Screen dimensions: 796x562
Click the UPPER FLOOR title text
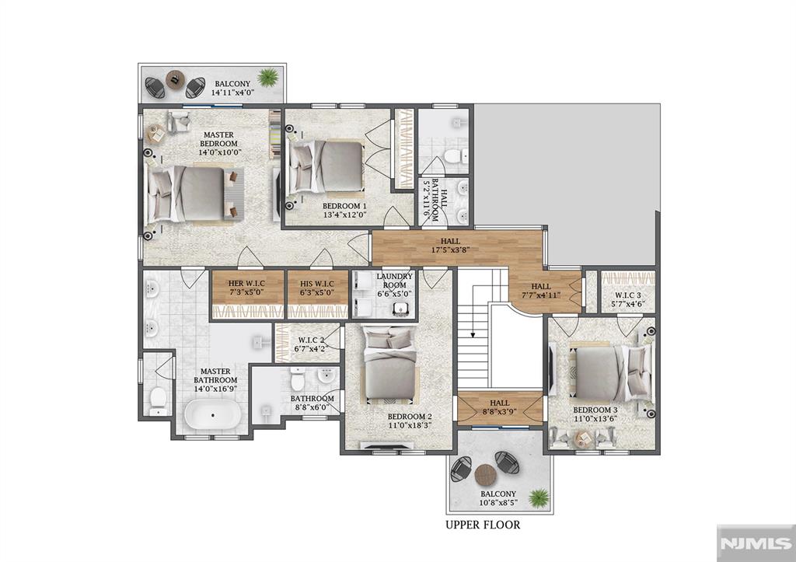coord(483,525)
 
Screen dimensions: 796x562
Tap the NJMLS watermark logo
coord(756,543)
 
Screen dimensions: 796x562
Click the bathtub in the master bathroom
coord(213,415)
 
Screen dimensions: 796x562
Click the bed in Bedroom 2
coord(390,364)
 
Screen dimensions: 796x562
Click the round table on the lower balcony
coord(485,475)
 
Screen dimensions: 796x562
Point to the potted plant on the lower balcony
coord(538,498)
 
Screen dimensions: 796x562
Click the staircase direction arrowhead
coord(473,334)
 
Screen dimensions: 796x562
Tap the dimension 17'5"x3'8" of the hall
coord(450,250)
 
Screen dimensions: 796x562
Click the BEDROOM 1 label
coord(344,207)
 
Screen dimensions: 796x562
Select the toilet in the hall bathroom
coord(454,155)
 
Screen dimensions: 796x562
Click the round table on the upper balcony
coord(176,80)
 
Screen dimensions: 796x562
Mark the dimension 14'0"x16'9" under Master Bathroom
coord(215,389)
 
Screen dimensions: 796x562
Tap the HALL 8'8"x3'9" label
coord(500,407)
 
